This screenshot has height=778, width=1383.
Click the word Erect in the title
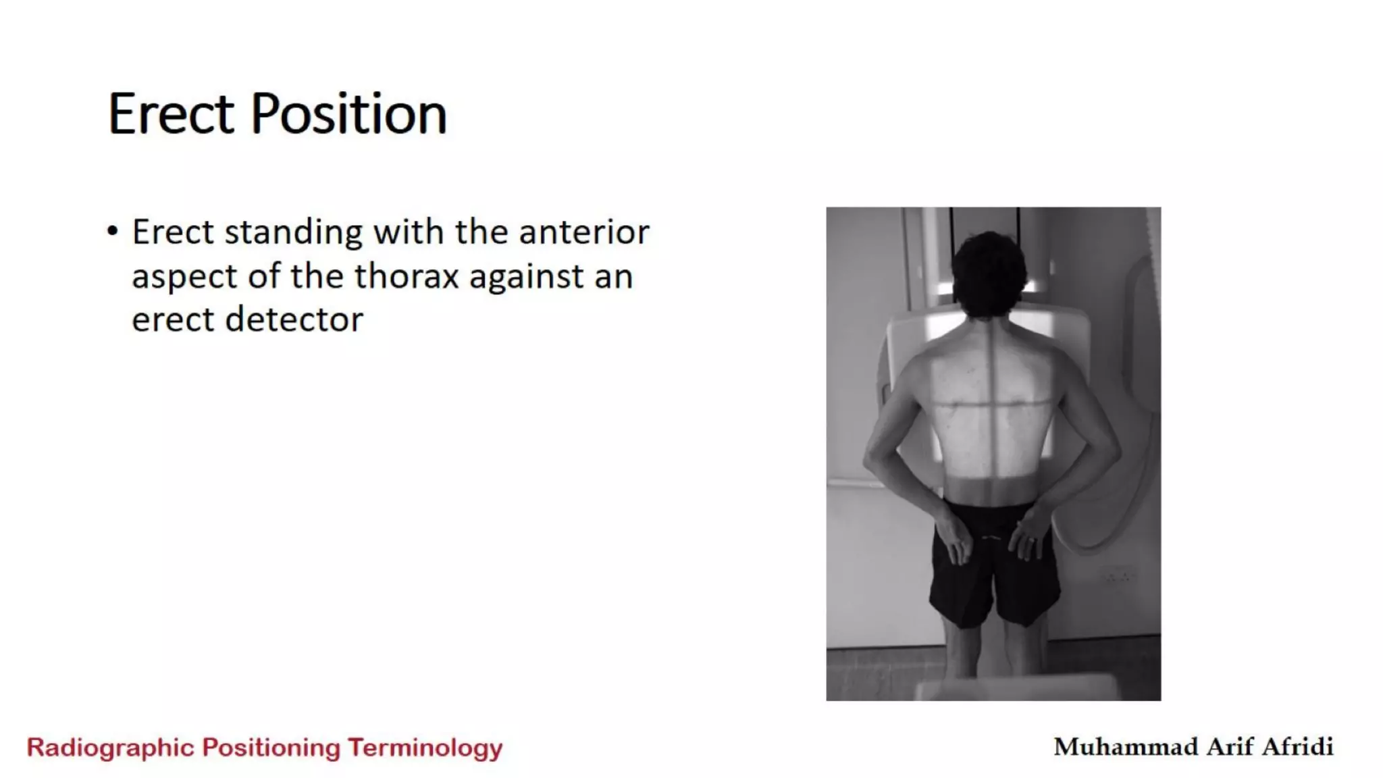click(170, 113)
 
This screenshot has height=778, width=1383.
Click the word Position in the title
click(348, 113)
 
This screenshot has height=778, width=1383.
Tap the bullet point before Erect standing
click(112, 232)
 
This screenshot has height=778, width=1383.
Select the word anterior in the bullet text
click(583, 232)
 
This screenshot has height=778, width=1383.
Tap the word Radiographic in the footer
click(111, 748)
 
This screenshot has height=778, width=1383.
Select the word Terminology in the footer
click(425, 748)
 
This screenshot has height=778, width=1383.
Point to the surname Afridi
click(1297, 746)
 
